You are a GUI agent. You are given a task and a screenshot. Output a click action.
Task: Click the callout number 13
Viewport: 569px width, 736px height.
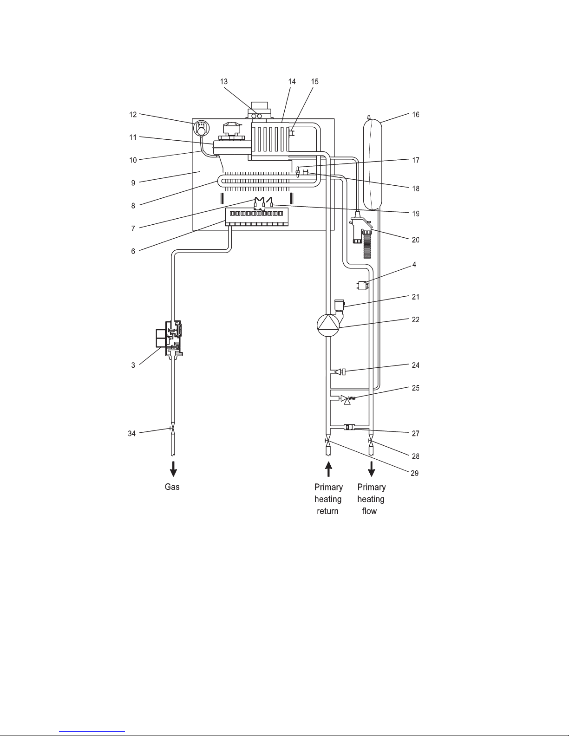(224, 82)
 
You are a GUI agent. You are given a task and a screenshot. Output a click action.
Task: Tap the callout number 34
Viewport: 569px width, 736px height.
(132, 434)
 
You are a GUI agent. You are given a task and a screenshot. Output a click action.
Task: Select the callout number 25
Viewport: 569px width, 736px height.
(415, 388)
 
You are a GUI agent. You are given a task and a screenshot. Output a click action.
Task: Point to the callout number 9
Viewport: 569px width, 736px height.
(133, 183)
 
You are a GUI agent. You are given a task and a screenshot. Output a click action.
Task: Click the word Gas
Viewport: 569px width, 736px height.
(172, 487)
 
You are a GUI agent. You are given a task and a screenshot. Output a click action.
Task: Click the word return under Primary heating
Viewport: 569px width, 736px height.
(327, 511)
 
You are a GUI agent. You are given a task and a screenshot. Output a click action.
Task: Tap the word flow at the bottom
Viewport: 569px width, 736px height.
(369, 511)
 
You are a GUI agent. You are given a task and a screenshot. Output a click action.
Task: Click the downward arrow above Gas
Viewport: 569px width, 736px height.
(173, 469)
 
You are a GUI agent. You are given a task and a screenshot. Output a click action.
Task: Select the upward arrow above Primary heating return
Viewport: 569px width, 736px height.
(328, 469)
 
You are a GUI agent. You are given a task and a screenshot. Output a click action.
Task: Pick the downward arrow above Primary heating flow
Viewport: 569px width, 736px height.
(372, 469)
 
